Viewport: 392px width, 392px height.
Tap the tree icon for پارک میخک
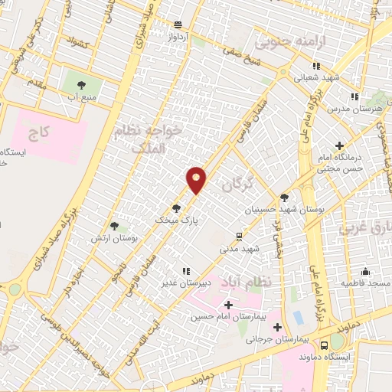(177, 207)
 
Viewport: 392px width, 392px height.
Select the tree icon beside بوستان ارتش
(114, 226)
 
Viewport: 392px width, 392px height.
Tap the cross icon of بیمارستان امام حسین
(228, 305)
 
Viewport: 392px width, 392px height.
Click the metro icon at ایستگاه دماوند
(325, 345)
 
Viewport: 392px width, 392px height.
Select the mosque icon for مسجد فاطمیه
(366, 272)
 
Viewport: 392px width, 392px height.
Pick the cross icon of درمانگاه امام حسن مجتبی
(340, 145)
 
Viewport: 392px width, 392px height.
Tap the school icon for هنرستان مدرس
(354, 96)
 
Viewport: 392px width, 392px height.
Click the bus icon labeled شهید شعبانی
(297, 77)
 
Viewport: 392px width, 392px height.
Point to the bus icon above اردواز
(178, 24)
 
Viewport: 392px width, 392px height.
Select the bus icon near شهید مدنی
(240, 236)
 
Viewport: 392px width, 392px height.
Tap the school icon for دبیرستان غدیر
(186, 271)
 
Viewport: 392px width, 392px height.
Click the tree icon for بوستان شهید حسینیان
(284, 197)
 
